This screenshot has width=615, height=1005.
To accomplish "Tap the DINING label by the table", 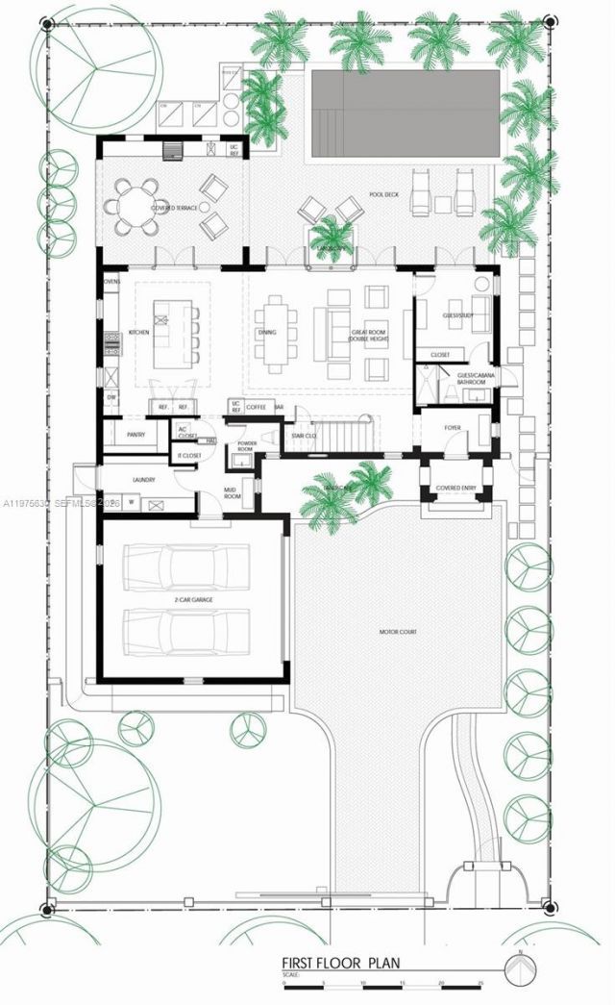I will (267, 333).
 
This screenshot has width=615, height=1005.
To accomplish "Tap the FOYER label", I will (453, 427).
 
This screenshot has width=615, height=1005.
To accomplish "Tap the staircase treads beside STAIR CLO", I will (344, 439).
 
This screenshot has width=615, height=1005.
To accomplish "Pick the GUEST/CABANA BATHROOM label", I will (478, 378).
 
